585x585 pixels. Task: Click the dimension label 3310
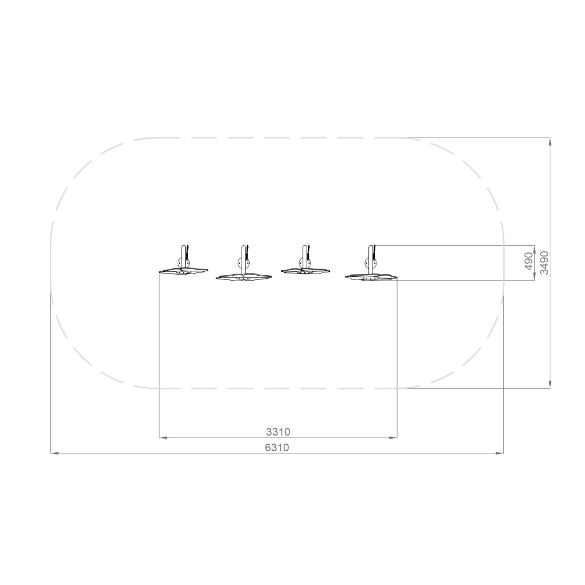pos(278,432)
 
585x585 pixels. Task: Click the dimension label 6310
pos(277,447)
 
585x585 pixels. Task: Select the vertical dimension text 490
pos(529,262)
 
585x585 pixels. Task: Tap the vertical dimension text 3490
pos(544,263)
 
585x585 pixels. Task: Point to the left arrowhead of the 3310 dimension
pos(163,437)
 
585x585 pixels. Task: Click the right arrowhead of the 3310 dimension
pos(393,437)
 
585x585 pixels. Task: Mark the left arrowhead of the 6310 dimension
pos(55,453)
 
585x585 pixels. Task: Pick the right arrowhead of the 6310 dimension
pos(499,453)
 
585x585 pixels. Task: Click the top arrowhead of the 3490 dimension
pos(550,141)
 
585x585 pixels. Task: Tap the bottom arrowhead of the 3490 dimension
pos(550,384)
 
